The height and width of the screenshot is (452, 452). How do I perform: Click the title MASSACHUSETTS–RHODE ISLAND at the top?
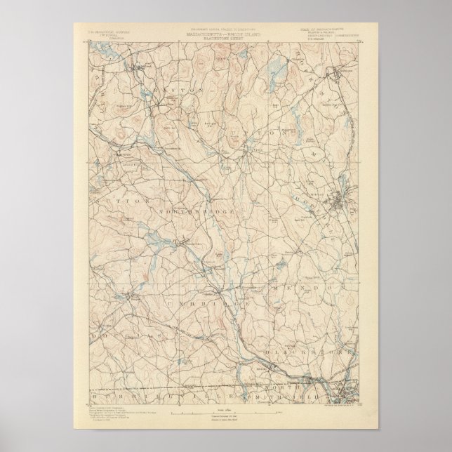pos(227,33)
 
